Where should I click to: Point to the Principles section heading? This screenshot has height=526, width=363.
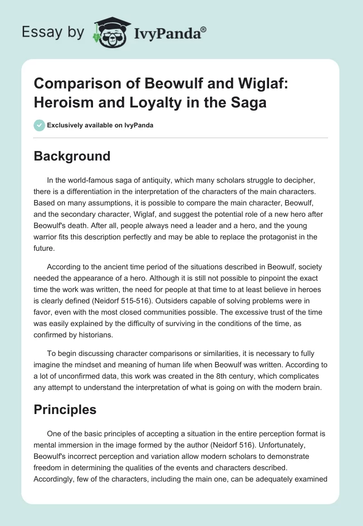65,409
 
